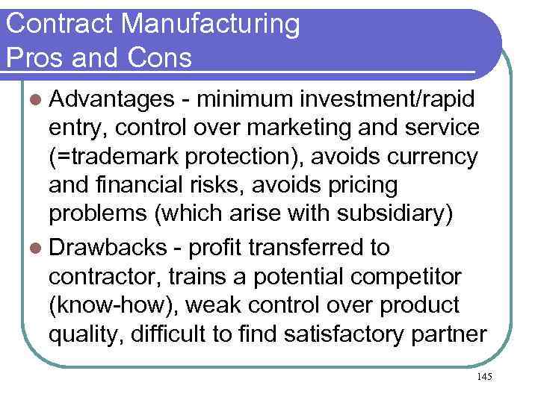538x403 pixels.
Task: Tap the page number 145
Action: click(483, 378)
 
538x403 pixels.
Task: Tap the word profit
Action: click(216, 246)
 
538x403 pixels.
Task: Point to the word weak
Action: click(209, 304)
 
